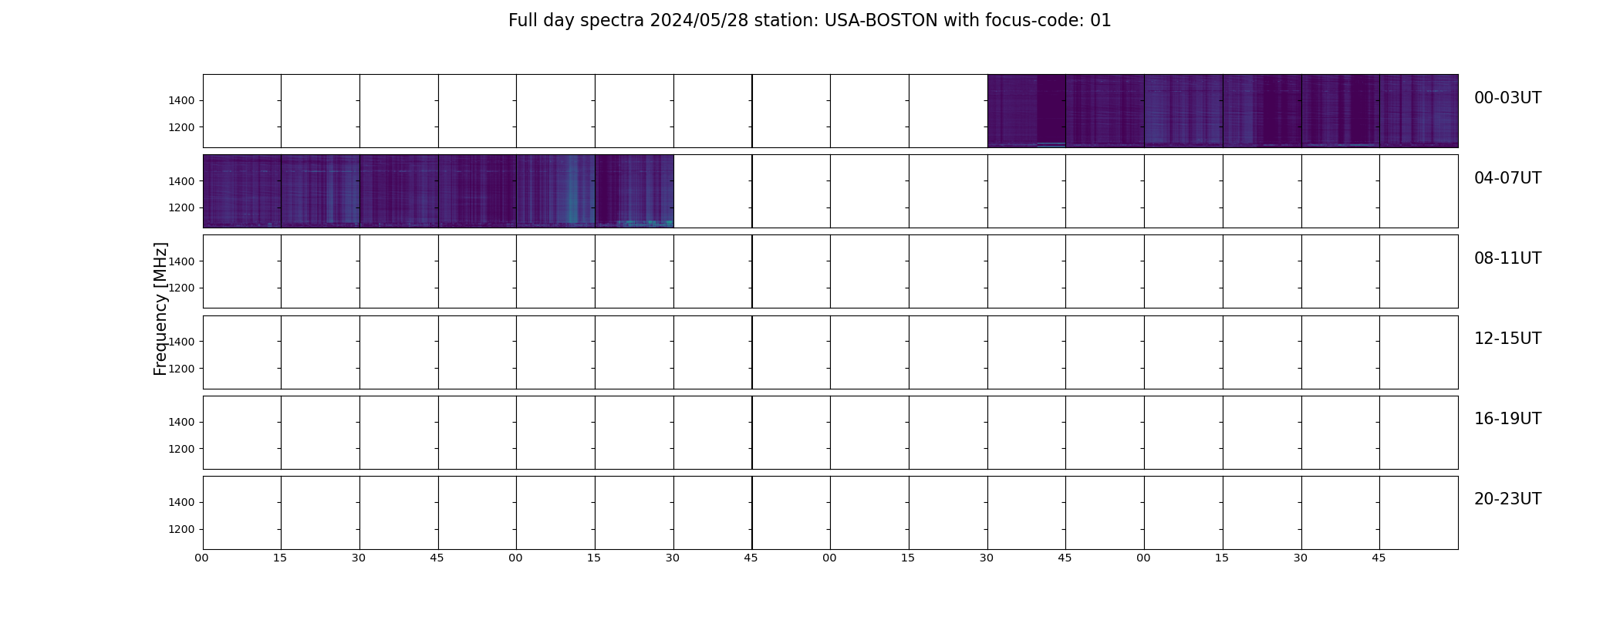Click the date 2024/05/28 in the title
[x=699, y=21]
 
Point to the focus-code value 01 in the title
[x=1101, y=21]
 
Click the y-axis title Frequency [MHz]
[x=160, y=308]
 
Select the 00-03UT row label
[x=1507, y=98]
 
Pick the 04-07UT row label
[x=1507, y=178]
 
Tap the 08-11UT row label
[x=1507, y=258]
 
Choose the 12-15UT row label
[x=1507, y=339]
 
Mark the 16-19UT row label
[x=1507, y=419]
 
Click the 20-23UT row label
[x=1507, y=499]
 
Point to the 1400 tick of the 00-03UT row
[x=181, y=101]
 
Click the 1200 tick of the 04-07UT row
[x=181, y=208]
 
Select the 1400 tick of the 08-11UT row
[x=181, y=261]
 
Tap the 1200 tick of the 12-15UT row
[x=181, y=369]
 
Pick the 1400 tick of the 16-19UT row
[x=181, y=422]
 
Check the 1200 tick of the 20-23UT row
[x=181, y=529]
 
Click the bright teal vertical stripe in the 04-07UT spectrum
[x=572, y=190]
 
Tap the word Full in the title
[x=521, y=21]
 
